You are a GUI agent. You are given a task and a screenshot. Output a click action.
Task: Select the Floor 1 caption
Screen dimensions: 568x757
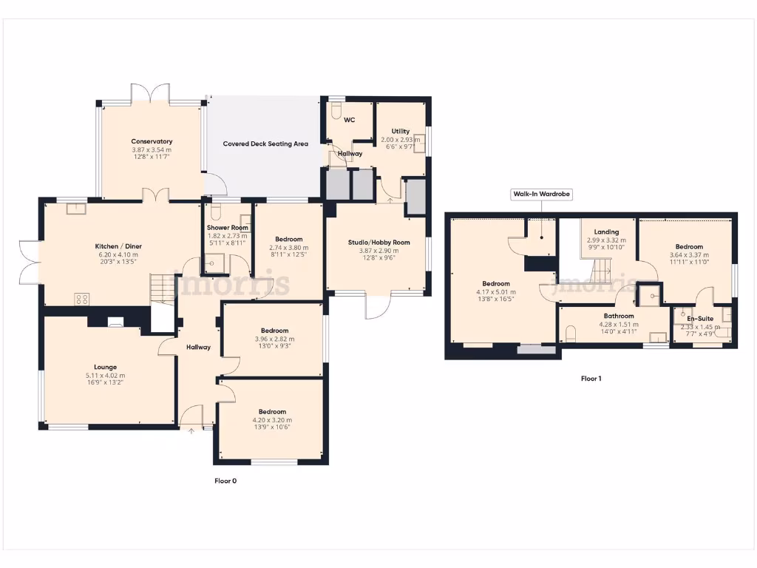tap(591, 379)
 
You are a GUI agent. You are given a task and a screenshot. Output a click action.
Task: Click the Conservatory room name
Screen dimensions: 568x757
tap(152, 141)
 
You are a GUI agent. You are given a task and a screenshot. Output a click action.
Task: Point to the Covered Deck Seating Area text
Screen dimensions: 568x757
tap(265, 144)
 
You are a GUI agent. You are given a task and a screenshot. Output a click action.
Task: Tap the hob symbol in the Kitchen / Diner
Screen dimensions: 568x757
tap(82, 299)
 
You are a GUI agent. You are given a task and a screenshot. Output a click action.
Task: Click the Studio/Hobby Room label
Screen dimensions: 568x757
tap(378, 242)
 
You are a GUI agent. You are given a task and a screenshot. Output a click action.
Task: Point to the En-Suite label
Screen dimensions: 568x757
tap(700, 319)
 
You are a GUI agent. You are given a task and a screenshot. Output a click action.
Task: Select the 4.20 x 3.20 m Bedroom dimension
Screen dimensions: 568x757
tap(271, 420)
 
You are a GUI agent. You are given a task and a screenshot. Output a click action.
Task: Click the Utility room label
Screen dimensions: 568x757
tap(401, 131)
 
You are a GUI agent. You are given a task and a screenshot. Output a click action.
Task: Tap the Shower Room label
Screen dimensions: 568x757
tap(227, 227)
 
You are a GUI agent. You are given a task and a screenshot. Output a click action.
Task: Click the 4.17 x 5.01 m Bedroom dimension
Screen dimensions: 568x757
tap(495, 292)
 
